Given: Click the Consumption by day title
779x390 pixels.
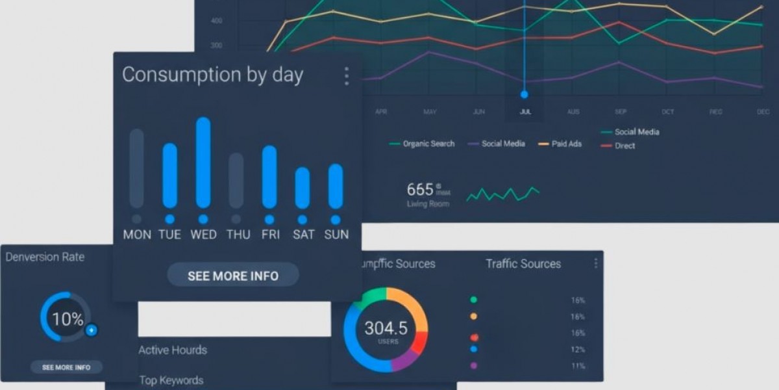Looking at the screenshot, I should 212,75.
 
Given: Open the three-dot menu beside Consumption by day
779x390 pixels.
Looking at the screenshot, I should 346,76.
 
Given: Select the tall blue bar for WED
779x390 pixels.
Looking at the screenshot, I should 203,162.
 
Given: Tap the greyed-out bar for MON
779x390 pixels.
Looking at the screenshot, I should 137,168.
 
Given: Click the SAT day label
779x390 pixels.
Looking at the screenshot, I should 303,235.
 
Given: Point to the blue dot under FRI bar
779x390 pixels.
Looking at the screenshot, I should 269,220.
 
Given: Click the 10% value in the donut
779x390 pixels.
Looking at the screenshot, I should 68,319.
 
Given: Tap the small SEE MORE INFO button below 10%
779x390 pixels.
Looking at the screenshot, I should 66,367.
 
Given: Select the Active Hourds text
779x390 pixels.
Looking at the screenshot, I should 173,350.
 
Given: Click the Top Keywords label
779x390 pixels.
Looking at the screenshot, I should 171,380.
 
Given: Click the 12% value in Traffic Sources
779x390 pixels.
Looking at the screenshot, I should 578,350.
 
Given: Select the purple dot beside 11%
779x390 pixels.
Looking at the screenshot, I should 473,366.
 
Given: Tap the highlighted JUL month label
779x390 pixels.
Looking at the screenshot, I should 525,112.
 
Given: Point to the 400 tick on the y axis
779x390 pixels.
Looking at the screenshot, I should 216,21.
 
